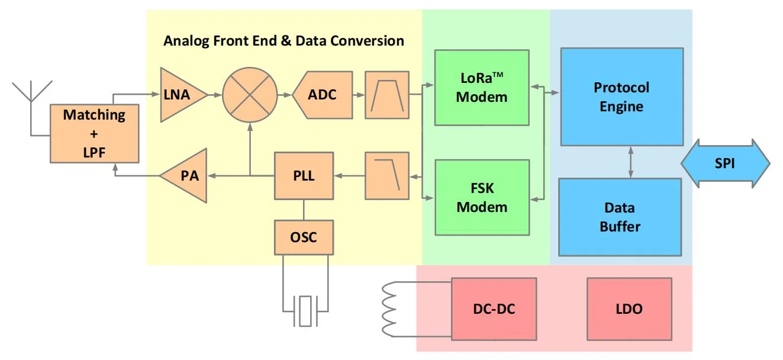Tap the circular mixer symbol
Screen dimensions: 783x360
[x=250, y=95]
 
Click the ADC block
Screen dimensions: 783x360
[x=323, y=95]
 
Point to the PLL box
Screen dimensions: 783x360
[x=304, y=176]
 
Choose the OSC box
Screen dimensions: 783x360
[x=304, y=237]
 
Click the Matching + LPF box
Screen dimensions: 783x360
[x=94, y=134]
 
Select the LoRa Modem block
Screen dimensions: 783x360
[x=482, y=88]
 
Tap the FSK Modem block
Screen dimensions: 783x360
[x=482, y=198]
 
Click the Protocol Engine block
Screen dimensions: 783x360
[x=622, y=97]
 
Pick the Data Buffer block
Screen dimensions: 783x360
[x=620, y=217]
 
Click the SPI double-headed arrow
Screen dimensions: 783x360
[x=726, y=163]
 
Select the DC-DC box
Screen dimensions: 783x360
[x=494, y=309]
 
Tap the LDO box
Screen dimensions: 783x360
[x=629, y=309]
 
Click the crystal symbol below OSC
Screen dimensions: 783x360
[x=305, y=311]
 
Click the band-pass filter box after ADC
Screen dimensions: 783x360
[x=387, y=95]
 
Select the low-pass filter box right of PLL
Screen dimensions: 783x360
[x=387, y=176]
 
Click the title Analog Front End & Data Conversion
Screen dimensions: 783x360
[x=284, y=41]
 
